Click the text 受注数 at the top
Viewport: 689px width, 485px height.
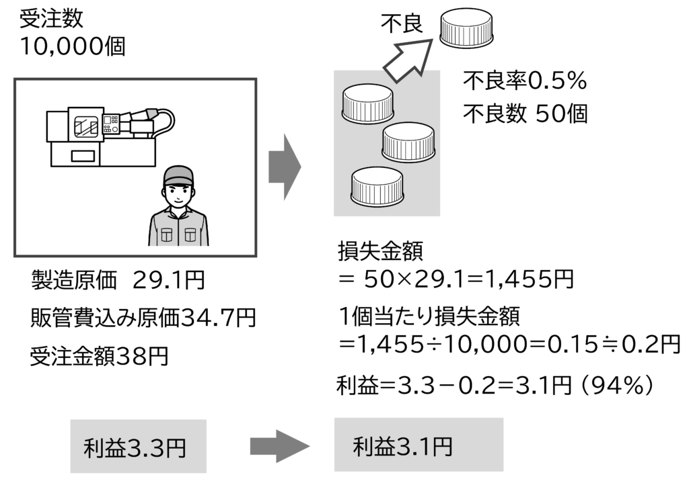[x=51, y=18]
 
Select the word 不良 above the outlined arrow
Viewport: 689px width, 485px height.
[x=402, y=24]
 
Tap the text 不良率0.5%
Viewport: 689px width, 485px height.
[x=525, y=82]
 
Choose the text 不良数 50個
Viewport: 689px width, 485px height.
[x=525, y=114]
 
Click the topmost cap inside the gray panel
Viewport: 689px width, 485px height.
[x=368, y=105]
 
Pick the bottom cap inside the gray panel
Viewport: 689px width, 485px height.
[x=377, y=186]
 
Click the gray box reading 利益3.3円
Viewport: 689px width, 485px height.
[x=139, y=446]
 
